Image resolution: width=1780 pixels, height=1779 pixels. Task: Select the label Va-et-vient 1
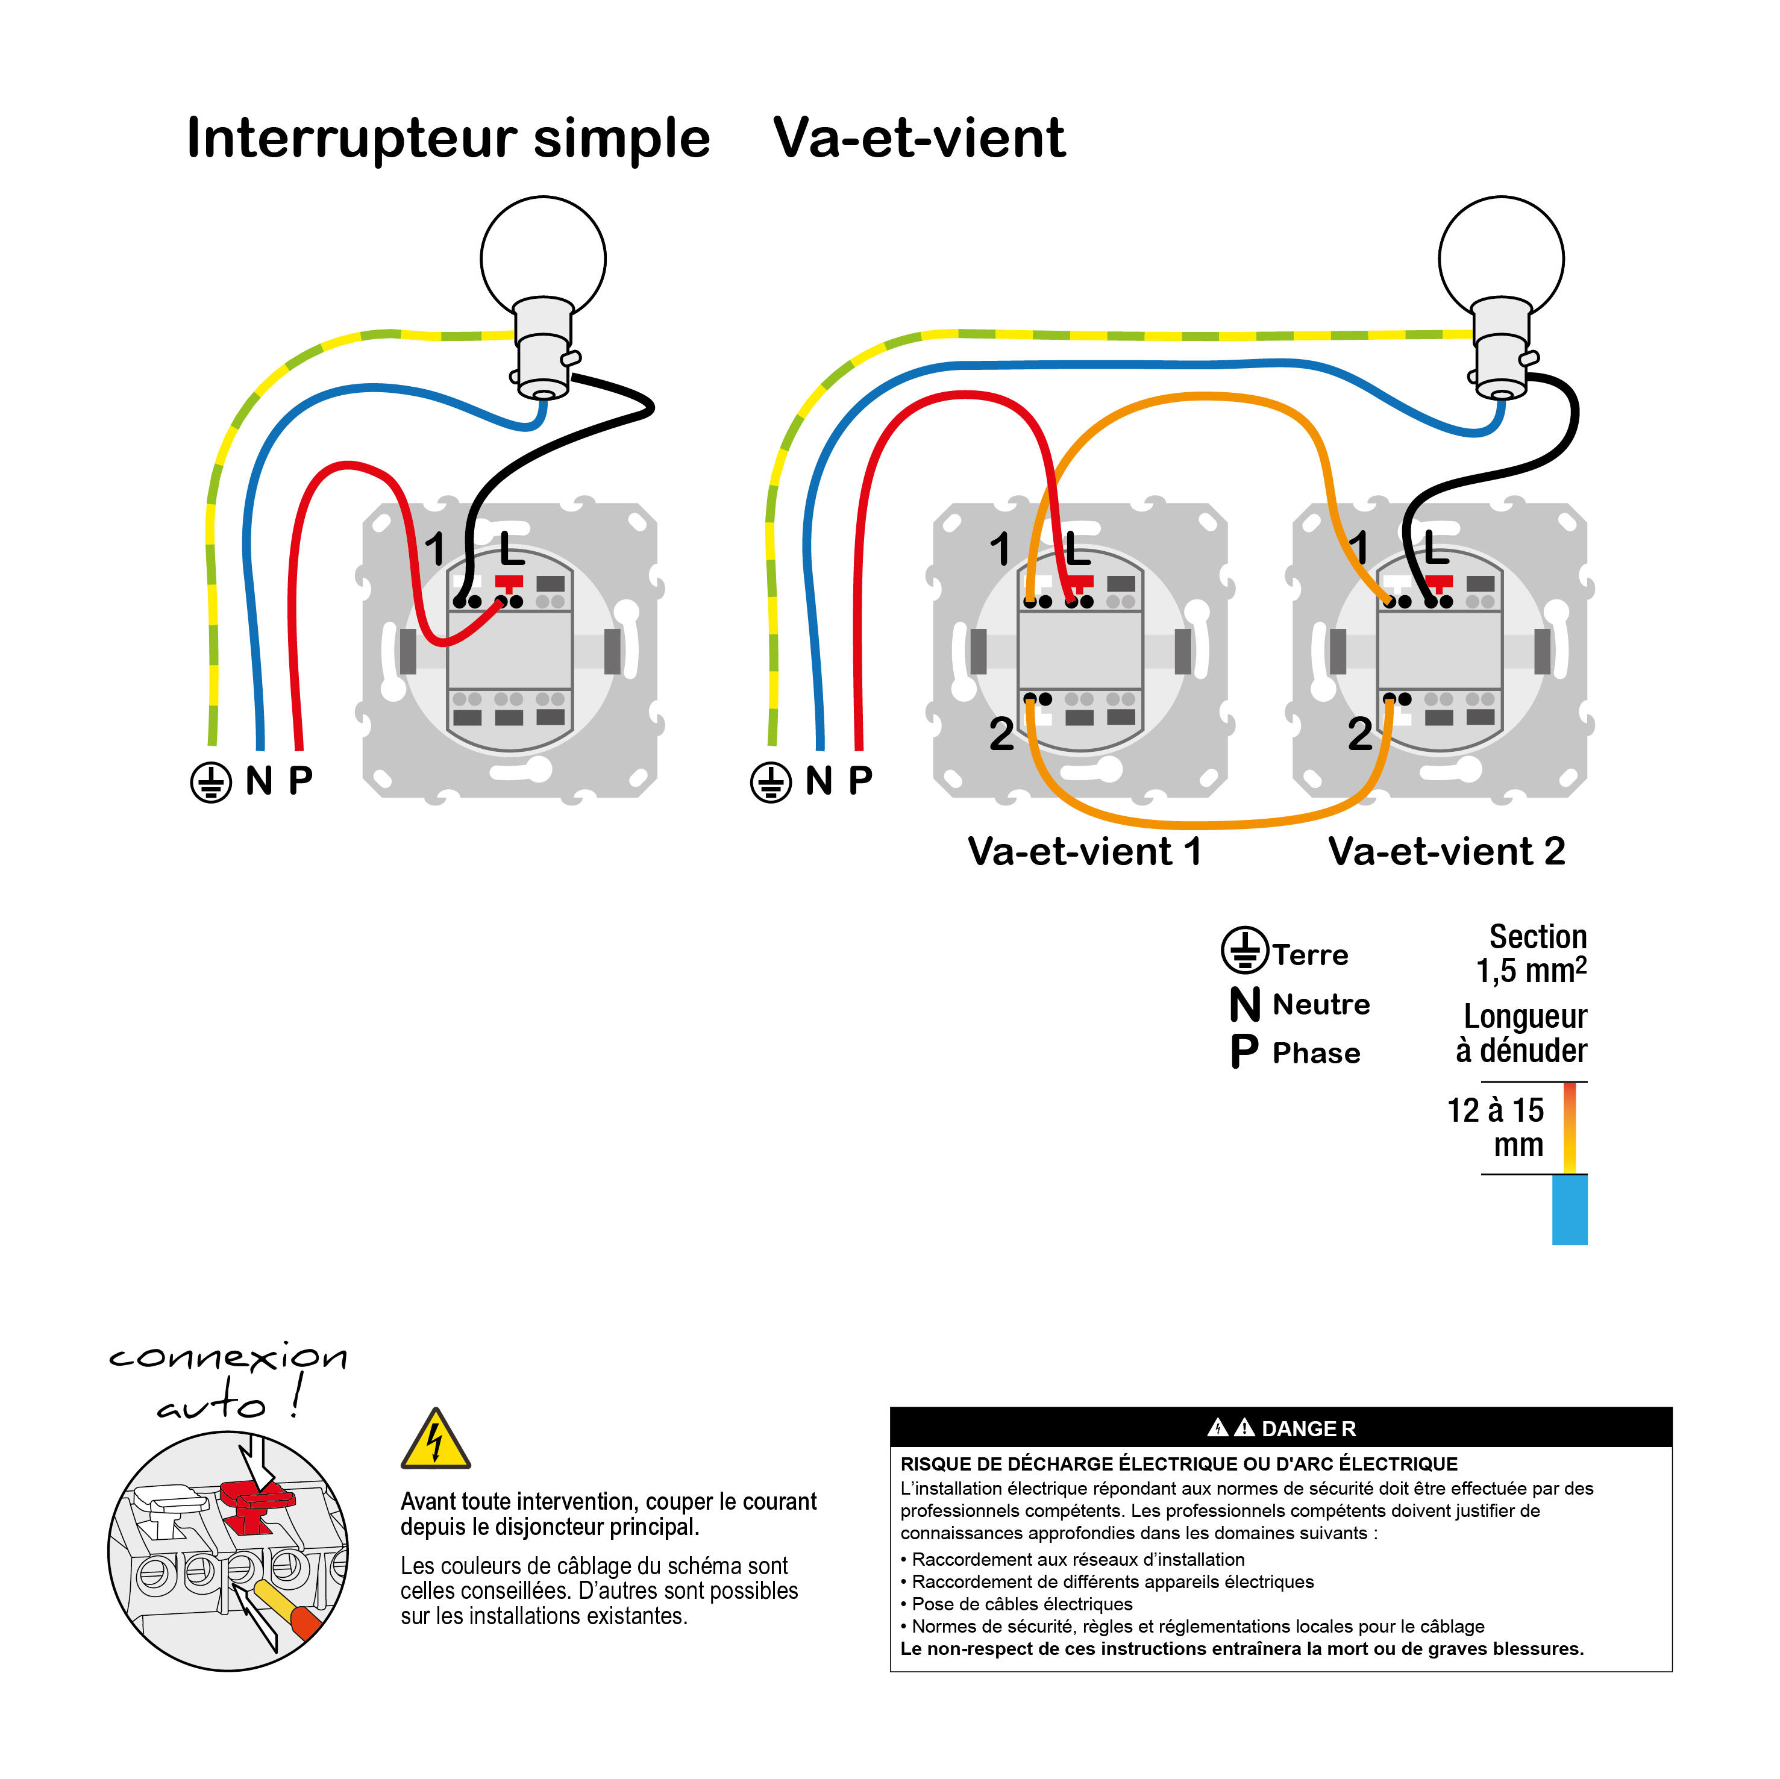1085,851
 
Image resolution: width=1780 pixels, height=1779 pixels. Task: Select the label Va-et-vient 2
1446,851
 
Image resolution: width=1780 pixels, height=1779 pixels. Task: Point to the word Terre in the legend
1309,954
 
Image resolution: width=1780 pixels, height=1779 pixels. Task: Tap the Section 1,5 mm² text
1532,954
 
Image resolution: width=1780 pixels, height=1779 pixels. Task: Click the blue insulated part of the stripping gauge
1569,1210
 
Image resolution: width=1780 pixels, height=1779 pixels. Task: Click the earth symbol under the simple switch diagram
211,782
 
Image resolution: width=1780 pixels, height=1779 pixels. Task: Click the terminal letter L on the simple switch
512,550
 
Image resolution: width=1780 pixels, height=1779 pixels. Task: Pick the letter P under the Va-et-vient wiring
860,780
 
